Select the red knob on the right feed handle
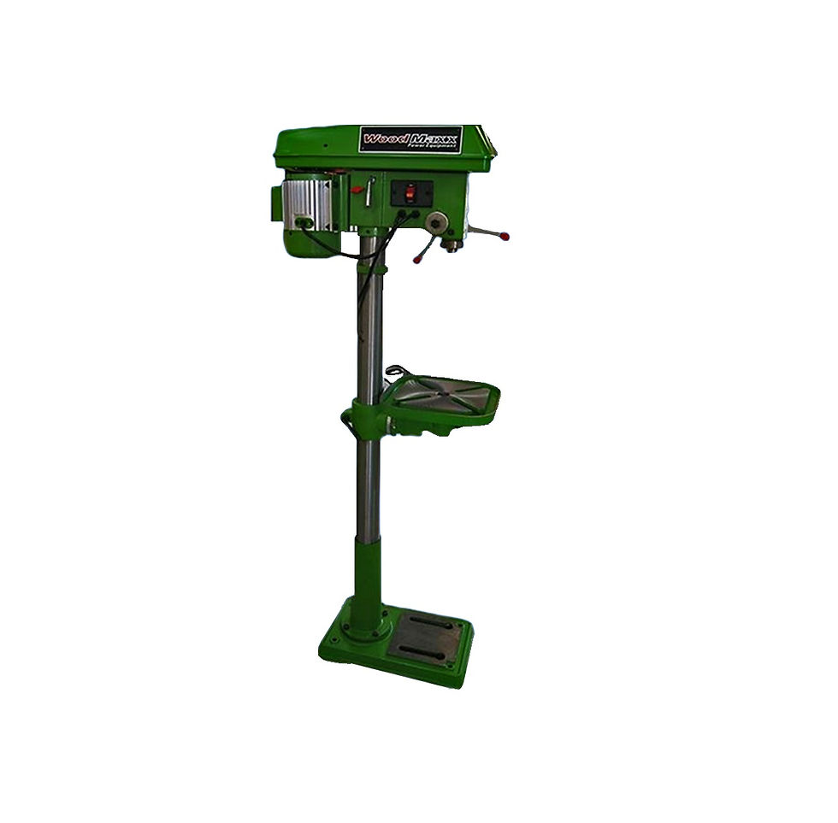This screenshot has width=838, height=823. point(504,236)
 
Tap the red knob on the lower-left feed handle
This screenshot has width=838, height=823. point(417,260)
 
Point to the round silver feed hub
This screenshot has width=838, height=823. point(438,221)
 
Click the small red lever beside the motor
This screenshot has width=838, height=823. point(356,189)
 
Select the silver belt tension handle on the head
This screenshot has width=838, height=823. point(369,191)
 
